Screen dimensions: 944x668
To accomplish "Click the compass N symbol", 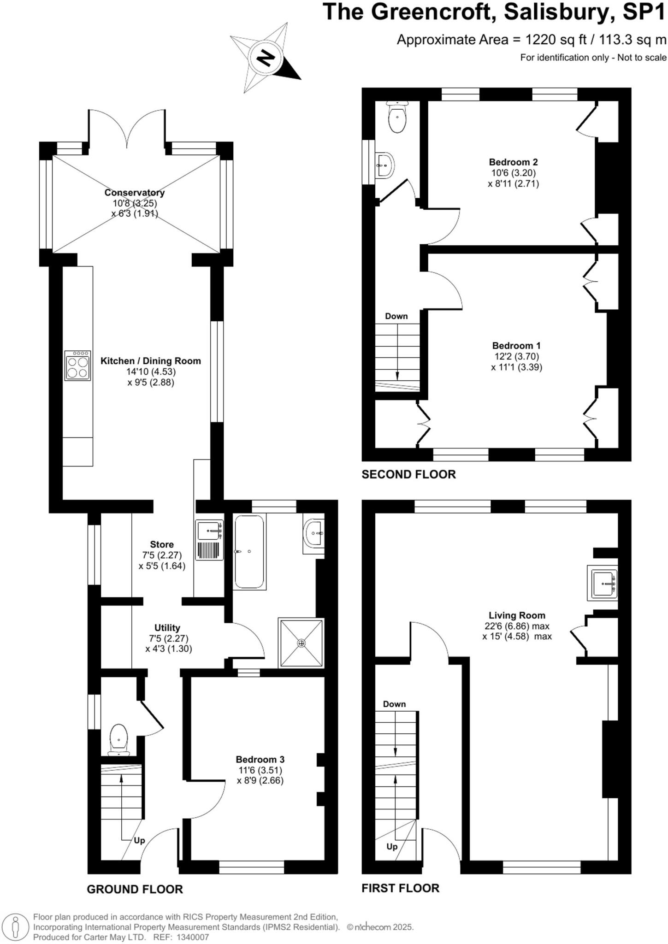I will pos(265,57).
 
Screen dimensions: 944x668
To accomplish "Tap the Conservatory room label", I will pos(134,193).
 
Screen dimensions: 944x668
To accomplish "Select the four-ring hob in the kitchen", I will pos(77,366).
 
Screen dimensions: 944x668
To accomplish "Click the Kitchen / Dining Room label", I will pos(151,361).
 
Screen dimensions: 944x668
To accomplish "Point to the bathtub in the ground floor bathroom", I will pos(249,552).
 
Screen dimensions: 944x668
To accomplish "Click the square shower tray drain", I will pos(301,643).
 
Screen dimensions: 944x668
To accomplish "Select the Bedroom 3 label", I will pos(260,759).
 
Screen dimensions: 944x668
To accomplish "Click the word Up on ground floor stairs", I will pos(139,840).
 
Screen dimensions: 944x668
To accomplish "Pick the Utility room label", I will pos(167,628).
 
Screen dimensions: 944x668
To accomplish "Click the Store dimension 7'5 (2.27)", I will pos(162,555).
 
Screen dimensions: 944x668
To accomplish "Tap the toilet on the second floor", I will pos(397,118).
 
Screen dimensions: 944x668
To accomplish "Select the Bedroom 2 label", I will pos(513,162).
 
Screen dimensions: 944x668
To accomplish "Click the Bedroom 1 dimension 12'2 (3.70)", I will pos(516,356).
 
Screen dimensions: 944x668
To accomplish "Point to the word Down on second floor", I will pos(396,316).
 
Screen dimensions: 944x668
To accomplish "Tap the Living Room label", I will pos(517,615).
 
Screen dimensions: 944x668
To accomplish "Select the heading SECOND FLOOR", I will pos(408,474).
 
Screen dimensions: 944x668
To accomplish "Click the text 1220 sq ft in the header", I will pos(556,40).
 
